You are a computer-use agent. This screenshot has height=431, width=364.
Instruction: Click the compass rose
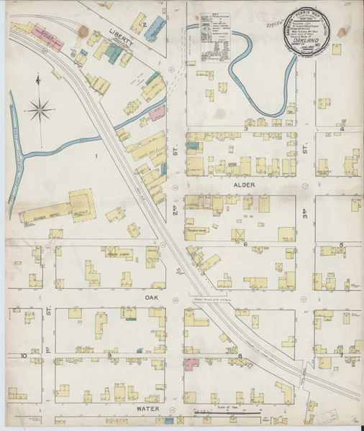click(x=40, y=109)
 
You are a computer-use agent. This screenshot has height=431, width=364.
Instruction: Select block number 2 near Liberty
click(x=145, y=26)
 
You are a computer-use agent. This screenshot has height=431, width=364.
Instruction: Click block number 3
click(x=245, y=129)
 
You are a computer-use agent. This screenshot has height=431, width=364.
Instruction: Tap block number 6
click(x=245, y=244)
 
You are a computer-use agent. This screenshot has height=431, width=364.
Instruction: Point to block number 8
click(x=238, y=356)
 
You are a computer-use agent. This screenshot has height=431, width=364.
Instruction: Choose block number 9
click(x=109, y=356)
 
